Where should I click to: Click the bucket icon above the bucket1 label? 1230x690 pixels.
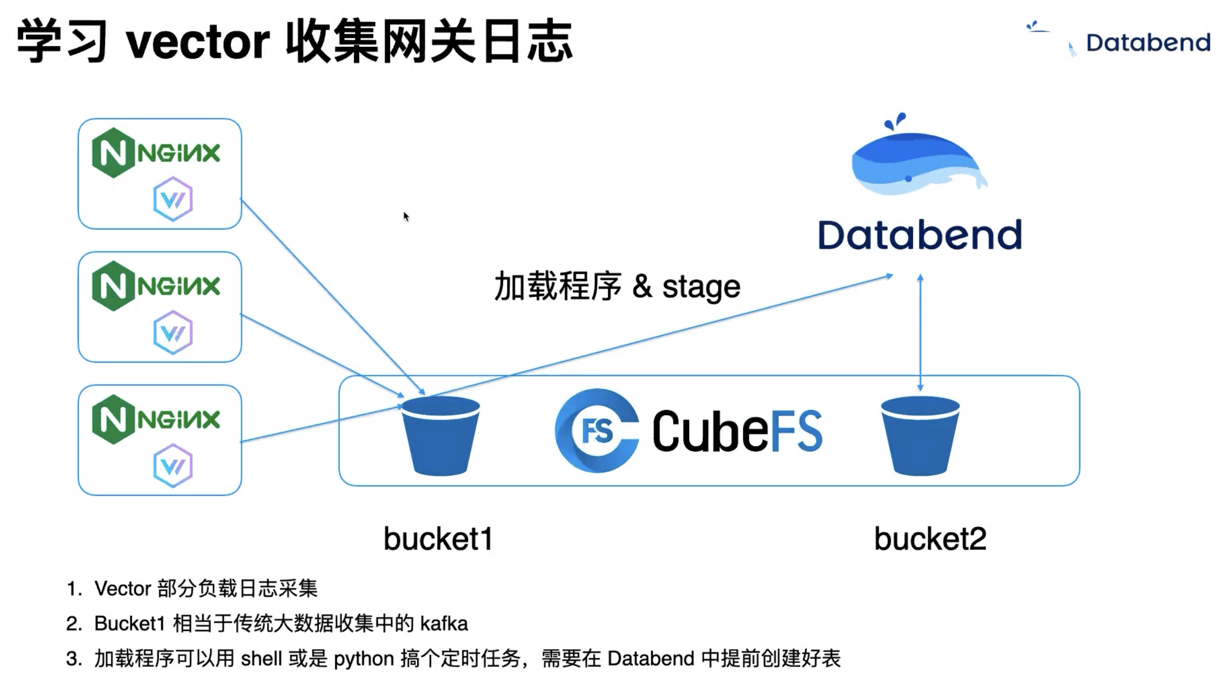pos(441,436)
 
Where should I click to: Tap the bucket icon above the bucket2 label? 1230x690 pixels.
pos(920,436)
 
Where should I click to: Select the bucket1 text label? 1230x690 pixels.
pos(438,539)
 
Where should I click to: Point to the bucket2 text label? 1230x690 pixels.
pos(930,539)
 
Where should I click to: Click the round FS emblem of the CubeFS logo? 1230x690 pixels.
pos(597,431)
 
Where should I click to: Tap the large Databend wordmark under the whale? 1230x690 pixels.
pos(920,235)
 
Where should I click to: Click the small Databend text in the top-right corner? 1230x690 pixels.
pos(1148,42)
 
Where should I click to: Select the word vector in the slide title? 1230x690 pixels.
pos(198,42)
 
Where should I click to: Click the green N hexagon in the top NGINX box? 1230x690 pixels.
pos(113,153)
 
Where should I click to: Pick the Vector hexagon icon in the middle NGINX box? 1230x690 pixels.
pos(173,332)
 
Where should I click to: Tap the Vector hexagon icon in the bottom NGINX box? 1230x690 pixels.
pos(173,466)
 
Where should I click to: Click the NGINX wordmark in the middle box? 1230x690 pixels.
pos(179,286)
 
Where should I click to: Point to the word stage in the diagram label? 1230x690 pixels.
pos(701,287)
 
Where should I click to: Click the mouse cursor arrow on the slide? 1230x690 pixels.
pos(406,216)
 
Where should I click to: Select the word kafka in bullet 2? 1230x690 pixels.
pos(444,624)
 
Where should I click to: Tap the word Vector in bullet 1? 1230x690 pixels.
pos(123,589)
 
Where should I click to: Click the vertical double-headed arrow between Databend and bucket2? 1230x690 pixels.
pos(920,333)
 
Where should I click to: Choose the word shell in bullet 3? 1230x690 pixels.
pos(261,659)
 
